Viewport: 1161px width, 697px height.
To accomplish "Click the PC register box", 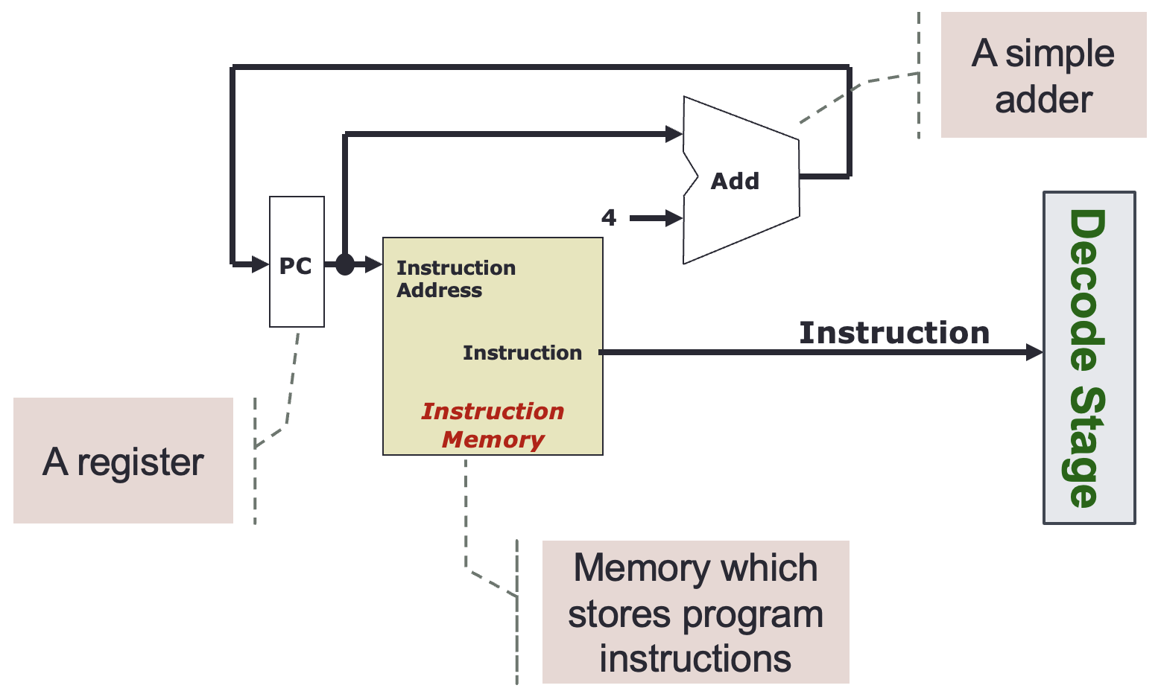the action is (297, 261).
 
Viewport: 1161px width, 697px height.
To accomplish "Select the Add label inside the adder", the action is (735, 181).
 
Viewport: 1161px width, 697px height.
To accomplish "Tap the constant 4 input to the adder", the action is (609, 217).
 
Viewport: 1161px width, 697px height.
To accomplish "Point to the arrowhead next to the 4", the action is (674, 218).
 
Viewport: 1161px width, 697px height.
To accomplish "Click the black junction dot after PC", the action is (345, 264).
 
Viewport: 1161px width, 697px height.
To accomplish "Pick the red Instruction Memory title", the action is (493, 425).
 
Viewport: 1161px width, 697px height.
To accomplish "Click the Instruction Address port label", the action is (456, 279).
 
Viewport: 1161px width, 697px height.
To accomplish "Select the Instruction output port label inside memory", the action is (522, 353).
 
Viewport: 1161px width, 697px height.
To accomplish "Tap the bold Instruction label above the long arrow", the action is (894, 332).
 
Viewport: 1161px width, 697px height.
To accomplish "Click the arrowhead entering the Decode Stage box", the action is (1034, 352).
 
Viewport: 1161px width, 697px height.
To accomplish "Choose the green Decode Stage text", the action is (1087, 358).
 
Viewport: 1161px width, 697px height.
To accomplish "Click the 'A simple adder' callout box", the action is (1043, 75).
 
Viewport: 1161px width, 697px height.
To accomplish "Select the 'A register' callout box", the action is (124, 460).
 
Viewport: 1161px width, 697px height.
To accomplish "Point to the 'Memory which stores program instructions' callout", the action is (695, 612).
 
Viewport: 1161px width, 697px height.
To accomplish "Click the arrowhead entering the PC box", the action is (260, 264).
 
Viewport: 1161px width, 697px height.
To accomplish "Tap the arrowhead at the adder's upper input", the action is (674, 133).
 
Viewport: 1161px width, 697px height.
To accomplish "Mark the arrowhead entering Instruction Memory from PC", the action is (373, 264).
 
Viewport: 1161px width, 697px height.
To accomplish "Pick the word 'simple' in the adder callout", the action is (1060, 55).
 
